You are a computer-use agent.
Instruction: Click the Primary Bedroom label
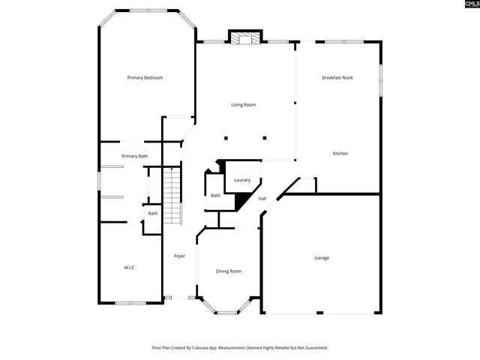click(145, 78)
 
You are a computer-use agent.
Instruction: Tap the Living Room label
click(243, 105)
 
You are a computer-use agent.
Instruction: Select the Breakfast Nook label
click(337, 78)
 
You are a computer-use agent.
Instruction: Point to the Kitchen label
click(340, 154)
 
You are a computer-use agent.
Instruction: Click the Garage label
click(322, 258)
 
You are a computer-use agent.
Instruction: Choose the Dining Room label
click(229, 271)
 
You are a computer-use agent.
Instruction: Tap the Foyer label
click(180, 256)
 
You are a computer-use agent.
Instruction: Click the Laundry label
click(241, 180)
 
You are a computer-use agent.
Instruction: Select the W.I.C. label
click(130, 268)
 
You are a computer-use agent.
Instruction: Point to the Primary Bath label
click(135, 156)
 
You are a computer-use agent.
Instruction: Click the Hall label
click(262, 199)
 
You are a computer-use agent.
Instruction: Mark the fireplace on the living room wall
click(244, 38)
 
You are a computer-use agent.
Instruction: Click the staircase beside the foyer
click(172, 195)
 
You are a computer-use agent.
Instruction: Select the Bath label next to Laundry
click(215, 196)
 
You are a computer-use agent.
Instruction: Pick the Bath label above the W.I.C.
click(153, 214)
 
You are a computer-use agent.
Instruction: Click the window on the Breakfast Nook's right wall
click(380, 78)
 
